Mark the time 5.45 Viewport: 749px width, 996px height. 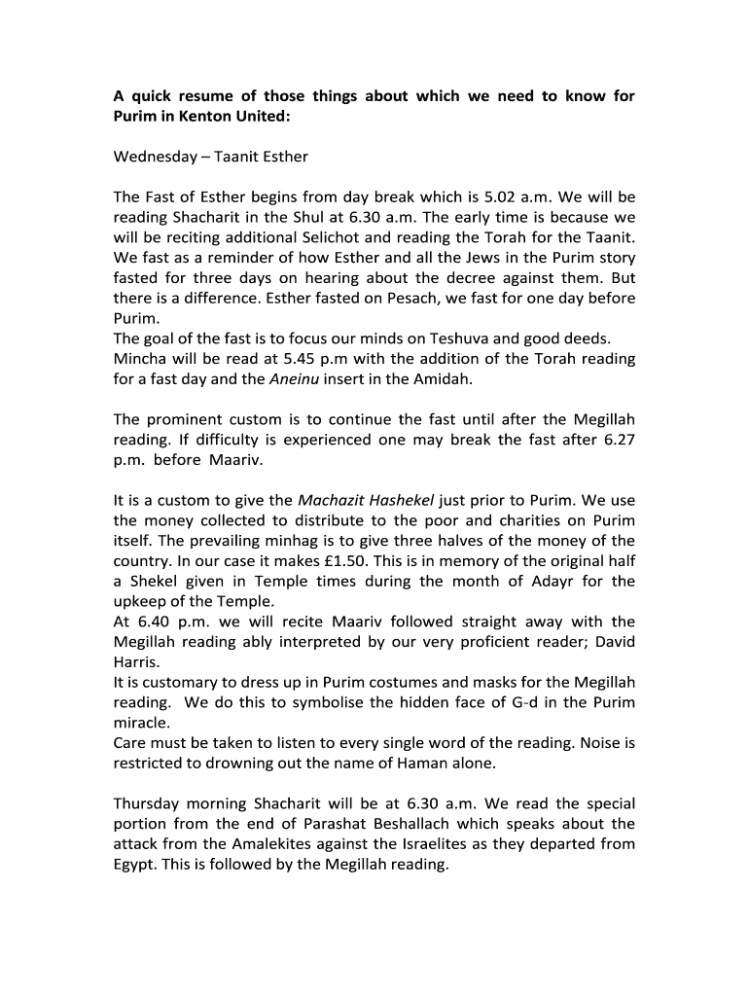[290, 359]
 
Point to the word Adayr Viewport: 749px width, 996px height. [553, 582]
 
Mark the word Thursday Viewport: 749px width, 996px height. [149, 803]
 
